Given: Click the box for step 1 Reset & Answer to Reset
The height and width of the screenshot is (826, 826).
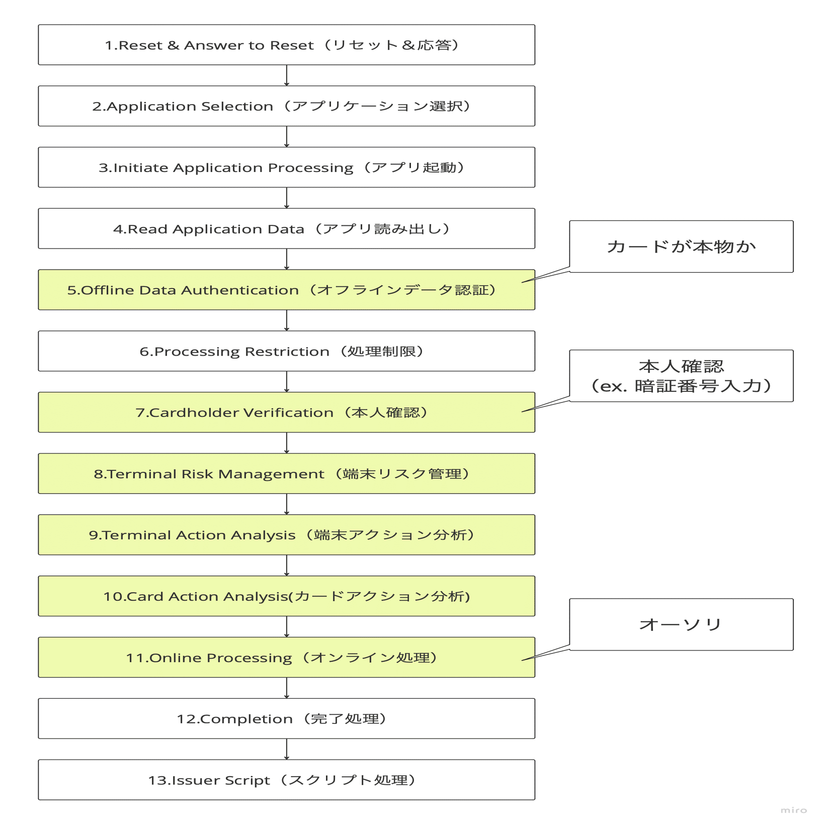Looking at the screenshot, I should click(x=286, y=45).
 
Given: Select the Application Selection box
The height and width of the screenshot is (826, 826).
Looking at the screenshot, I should click(x=286, y=106).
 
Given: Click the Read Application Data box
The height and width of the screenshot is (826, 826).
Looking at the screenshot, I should click(x=286, y=229).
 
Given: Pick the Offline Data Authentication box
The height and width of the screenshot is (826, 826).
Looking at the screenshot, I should click(x=286, y=290).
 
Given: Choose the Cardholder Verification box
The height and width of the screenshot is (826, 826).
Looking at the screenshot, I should click(x=286, y=412).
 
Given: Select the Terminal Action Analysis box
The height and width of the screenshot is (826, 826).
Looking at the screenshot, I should click(x=286, y=535).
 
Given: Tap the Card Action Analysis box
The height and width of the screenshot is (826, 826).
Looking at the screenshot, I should click(x=286, y=596).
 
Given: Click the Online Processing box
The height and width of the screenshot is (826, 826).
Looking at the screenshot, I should click(x=286, y=657).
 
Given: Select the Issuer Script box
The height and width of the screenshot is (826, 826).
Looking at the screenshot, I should click(x=286, y=780).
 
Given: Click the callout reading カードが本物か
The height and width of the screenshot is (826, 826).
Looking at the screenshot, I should click(x=681, y=246).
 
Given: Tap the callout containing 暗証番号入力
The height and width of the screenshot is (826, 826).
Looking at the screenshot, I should click(x=681, y=376).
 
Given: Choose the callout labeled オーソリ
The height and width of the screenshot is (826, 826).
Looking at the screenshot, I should click(x=681, y=625).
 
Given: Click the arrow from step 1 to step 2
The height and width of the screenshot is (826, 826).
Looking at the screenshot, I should click(x=287, y=75).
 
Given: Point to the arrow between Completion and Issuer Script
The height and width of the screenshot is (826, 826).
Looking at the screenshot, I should click(x=287, y=750).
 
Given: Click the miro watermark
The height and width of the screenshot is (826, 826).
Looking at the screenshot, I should click(x=794, y=810).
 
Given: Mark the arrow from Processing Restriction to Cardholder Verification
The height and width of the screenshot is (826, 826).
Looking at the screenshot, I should click(x=287, y=382).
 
